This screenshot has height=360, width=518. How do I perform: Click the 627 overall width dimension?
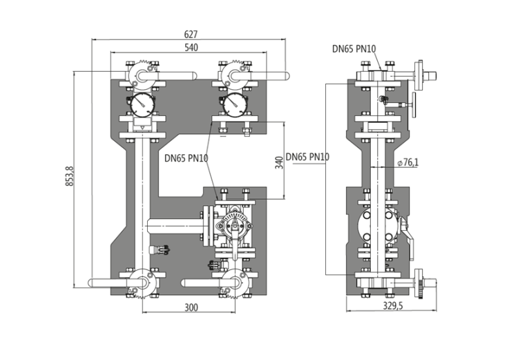point(191,35)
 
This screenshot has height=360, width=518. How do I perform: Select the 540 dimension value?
point(191,48)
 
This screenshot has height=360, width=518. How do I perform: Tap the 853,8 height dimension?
point(70,176)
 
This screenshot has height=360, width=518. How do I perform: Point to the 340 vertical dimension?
point(280,162)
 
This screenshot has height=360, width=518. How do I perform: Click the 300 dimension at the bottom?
point(191,307)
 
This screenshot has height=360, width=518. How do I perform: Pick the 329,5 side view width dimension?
point(393,305)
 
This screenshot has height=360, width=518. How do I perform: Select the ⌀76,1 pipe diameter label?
point(408,162)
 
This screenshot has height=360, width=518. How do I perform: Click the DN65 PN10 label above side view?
point(354,49)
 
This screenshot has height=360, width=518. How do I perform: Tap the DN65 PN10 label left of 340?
point(186,158)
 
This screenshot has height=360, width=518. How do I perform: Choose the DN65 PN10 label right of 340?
point(307,157)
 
